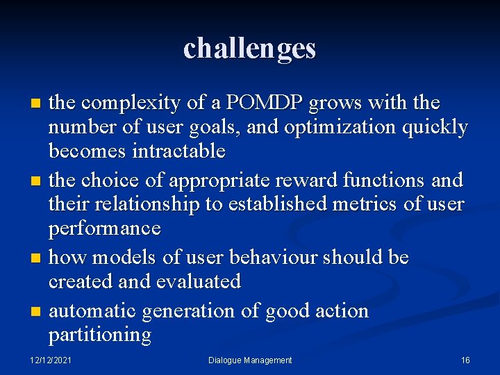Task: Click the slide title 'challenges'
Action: click(249, 48)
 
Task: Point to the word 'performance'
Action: click(104, 229)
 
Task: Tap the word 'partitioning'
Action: click(99, 335)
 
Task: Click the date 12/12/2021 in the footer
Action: click(51, 360)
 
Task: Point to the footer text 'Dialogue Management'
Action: click(250, 360)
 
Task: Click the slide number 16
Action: click(465, 360)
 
